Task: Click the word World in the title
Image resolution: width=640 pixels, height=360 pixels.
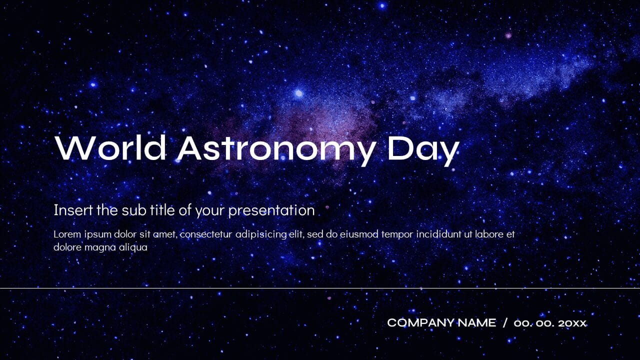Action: tap(110, 148)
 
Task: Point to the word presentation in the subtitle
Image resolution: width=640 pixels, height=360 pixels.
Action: tap(271, 210)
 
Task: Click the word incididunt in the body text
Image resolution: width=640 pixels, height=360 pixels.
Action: tap(436, 234)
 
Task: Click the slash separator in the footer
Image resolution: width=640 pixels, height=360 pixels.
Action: tap(505, 323)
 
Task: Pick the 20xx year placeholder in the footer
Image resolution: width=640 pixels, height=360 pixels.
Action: tap(572, 323)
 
